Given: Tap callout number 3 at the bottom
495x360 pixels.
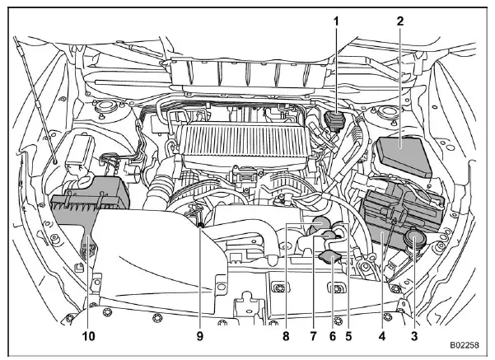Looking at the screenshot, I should click(413, 337).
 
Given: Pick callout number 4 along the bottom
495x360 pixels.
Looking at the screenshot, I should click(381, 337).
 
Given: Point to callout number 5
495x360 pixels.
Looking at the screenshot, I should click(349, 337).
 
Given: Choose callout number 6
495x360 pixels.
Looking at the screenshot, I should click(333, 337).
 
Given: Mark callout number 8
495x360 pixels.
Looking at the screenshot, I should click(286, 337).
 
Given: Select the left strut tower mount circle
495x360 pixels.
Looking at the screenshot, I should click(105, 108).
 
